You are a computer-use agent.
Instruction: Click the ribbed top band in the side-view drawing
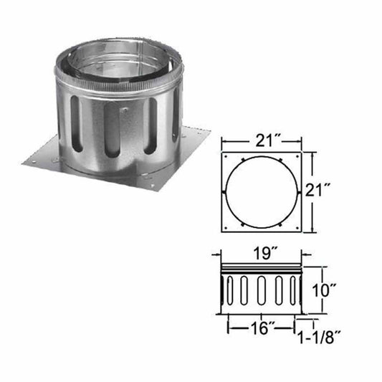pos(262,269)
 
